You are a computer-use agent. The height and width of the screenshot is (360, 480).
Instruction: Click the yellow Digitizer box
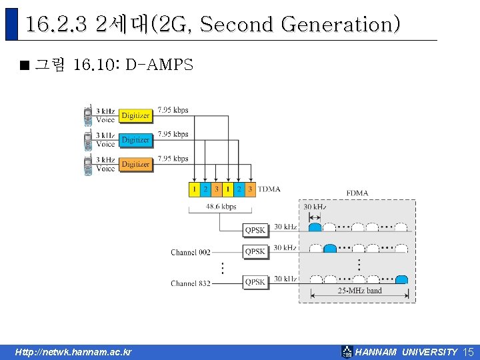tap(135, 115)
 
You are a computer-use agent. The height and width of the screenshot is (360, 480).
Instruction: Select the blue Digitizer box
tap(135, 140)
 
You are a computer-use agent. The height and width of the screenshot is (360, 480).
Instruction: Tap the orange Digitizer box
tap(135, 164)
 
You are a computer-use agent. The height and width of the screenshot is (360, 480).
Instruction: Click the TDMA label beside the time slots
tap(269, 189)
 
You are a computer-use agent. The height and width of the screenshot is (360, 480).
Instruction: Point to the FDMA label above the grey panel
tap(357, 193)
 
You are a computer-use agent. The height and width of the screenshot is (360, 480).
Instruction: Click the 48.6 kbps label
tap(220, 207)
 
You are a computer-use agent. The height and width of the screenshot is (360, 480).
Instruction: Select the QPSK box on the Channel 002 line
tap(255, 251)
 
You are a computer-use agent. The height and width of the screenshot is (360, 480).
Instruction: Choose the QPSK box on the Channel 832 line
tap(255, 282)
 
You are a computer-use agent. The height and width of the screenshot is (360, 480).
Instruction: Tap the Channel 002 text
tap(191, 253)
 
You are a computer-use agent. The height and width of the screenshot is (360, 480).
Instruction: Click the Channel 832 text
tap(191, 283)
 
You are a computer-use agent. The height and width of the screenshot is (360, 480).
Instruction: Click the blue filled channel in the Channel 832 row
tap(401, 279)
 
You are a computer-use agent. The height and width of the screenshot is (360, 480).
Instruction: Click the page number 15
tap(468, 351)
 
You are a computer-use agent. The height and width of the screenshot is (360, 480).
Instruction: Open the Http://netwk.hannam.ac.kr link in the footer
tap(74, 352)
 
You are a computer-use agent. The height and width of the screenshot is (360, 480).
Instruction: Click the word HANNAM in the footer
tap(376, 352)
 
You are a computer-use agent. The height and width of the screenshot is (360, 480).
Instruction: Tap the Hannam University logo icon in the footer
tap(347, 351)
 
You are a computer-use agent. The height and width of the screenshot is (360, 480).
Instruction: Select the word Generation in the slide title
tap(341, 25)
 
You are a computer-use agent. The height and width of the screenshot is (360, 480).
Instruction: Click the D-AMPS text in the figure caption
tap(159, 65)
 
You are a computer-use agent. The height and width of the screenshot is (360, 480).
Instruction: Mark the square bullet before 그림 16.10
tap(25, 66)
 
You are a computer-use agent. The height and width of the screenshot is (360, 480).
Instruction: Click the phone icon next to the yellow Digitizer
tap(88, 115)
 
